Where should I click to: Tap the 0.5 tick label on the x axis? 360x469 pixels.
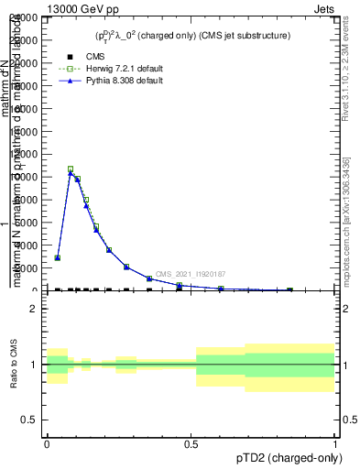pos(191,444)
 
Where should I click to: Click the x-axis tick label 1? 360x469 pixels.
pos(335,444)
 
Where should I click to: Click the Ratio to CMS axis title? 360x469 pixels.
pos(13,365)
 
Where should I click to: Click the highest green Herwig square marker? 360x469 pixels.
pos(71,169)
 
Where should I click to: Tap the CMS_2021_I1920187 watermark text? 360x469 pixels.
pos(191,274)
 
